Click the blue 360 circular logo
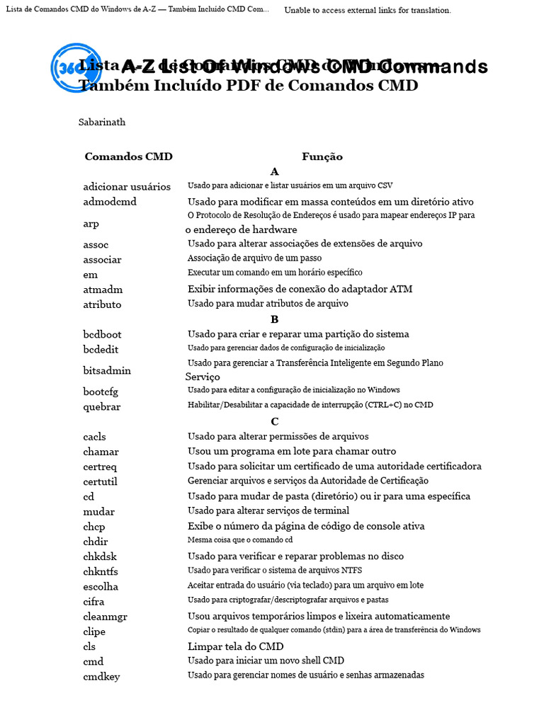(x=76, y=69)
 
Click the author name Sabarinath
(x=102, y=122)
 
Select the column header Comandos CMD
(x=128, y=156)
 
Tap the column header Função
(x=322, y=156)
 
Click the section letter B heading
(x=275, y=319)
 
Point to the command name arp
(x=91, y=224)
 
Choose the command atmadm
(x=103, y=290)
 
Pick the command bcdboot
(x=102, y=334)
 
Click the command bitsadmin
(x=107, y=370)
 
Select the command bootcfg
(x=101, y=392)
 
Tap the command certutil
(x=100, y=481)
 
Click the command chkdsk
(x=100, y=556)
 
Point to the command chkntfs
(x=101, y=571)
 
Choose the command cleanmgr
(x=105, y=617)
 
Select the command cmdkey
(x=101, y=676)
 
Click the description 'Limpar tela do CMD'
(x=235, y=646)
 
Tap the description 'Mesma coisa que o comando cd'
(x=240, y=540)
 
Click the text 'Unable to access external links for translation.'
(x=368, y=10)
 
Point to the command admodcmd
(x=110, y=202)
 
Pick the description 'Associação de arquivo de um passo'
(x=254, y=258)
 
